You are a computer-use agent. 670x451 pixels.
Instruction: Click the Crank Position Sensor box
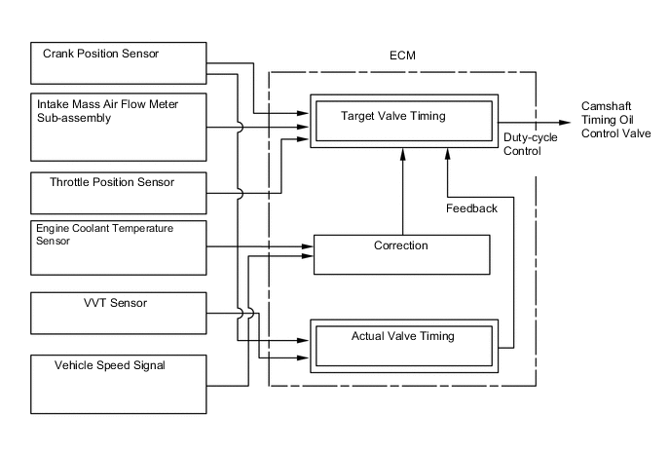pyautogui.click(x=120, y=63)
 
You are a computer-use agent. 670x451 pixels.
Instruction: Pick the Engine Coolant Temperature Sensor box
pyautogui.click(x=120, y=246)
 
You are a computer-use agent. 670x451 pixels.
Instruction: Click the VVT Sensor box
pyautogui.click(x=120, y=312)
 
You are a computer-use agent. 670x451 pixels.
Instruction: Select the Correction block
pyautogui.click(x=400, y=254)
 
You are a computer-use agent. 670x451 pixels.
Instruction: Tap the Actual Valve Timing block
pyautogui.click(x=402, y=345)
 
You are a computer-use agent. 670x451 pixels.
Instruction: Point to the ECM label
pyautogui.click(x=401, y=56)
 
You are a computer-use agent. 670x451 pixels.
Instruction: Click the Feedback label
pyautogui.click(x=471, y=208)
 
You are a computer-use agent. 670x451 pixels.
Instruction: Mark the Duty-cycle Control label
pyautogui.click(x=531, y=145)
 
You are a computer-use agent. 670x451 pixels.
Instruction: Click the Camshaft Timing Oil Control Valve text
pyautogui.click(x=614, y=119)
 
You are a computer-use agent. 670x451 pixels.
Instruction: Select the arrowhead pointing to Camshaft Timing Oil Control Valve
pyautogui.click(x=566, y=122)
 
